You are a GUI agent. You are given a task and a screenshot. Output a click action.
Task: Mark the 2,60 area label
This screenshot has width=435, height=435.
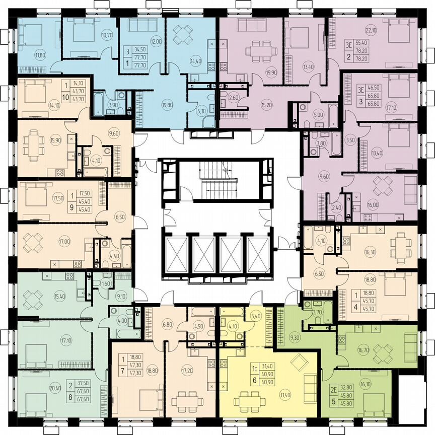coord(233,98)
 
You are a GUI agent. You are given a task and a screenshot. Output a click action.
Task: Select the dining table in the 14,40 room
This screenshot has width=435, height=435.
coord(181,34)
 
